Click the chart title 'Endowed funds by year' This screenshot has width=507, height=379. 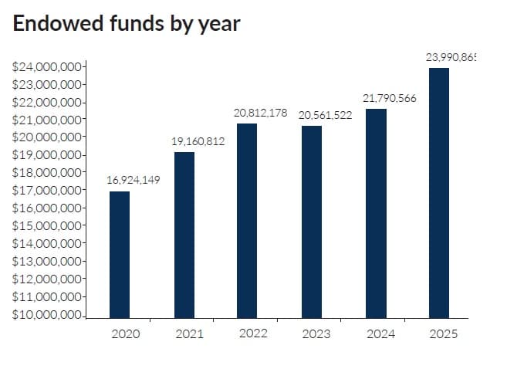click(127, 24)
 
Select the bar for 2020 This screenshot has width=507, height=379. click(120, 255)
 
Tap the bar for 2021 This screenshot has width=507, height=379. click(184, 235)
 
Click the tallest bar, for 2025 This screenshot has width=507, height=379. click(439, 193)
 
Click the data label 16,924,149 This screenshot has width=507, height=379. click(134, 181)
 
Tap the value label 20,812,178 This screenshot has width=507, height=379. click(261, 113)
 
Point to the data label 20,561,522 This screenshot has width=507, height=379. click(325, 115)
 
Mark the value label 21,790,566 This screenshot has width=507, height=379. click(390, 98)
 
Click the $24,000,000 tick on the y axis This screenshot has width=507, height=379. click(48, 67)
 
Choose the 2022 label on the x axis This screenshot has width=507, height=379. click(253, 333)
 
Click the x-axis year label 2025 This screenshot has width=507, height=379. click(444, 334)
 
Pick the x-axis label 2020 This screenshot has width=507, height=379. click(125, 334)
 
